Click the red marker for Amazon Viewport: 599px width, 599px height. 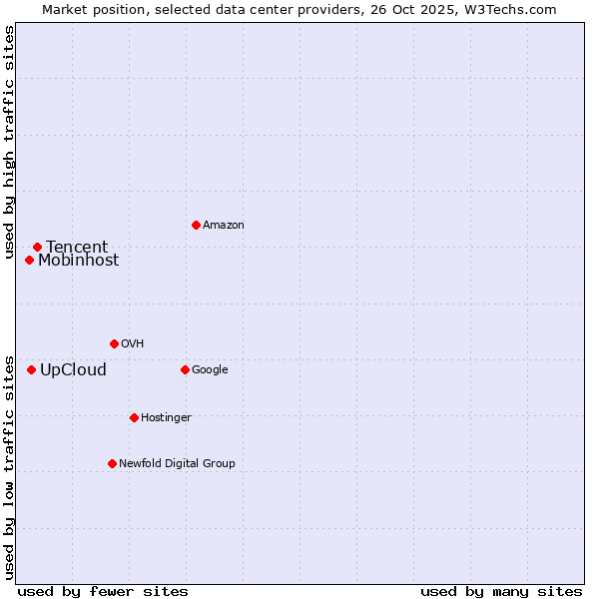pyautogui.click(x=196, y=225)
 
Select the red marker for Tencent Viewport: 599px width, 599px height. pyautogui.click(x=37, y=247)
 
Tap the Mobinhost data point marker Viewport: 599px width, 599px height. pyautogui.click(x=29, y=261)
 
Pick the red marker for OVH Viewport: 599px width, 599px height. pyautogui.click(x=114, y=343)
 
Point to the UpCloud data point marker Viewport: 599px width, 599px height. pyautogui.click(x=31, y=369)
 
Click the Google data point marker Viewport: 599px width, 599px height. pyautogui.click(x=185, y=369)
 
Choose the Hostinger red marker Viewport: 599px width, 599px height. pyautogui.click(x=134, y=417)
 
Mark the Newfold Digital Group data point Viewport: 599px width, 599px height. pyautogui.click(x=112, y=463)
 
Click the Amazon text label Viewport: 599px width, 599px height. pyautogui.click(x=224, y=226)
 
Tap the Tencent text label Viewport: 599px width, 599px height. pyautogui.click(x=77, y=248)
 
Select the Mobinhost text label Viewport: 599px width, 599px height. pyautogui.click(x=78, y=261)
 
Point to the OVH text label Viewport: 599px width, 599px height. pyautogui.click(x=133, y=344)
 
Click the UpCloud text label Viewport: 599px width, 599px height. pyautogui.click(x=73, y=370)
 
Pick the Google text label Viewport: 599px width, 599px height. pyautogui.click(x=210, y=370)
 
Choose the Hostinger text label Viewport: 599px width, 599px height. pyautogui.click(x=166, y=418)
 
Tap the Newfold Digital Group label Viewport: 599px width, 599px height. pyautogui.click(x=177, y=464)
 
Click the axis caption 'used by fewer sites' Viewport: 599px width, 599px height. pyautogui.click(x=103, y=592)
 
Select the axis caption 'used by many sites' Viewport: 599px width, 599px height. pyautogui.click(x=501, y=592)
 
